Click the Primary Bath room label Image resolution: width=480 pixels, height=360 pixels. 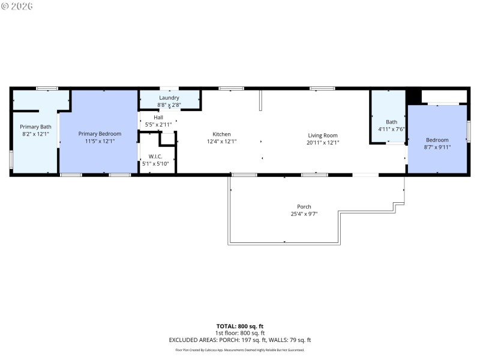pos(35,127)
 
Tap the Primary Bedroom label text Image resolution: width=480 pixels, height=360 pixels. pos(100,133)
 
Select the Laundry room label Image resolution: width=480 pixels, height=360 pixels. pos(169,98)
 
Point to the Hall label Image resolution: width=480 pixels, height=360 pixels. pos(158,118)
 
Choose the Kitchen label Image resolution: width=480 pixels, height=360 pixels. pos(221,134)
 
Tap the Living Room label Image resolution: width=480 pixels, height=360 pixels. pos(323,136)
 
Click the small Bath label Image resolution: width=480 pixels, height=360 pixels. pos(391,122)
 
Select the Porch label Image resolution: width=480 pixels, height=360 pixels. pos(304,206)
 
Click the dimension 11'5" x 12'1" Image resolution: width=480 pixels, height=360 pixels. pos(100,142)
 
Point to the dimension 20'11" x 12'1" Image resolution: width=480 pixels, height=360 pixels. pos(323,143)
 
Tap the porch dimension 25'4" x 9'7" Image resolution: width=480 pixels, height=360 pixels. pos(304,214)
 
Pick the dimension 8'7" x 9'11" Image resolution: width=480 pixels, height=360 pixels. pos(437,147)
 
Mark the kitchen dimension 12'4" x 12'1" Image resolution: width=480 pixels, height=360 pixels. pos(221,142)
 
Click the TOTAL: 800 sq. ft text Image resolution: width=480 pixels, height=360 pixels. pos(240,326)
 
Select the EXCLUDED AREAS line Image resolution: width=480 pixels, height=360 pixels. pos(240,340)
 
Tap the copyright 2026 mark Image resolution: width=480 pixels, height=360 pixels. pos(17,6)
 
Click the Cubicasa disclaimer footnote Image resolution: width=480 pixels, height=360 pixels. pos(240,350)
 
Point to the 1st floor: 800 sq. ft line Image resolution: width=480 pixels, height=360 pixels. pos(240,333)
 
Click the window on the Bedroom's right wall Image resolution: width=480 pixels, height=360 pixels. pos(468,132)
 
